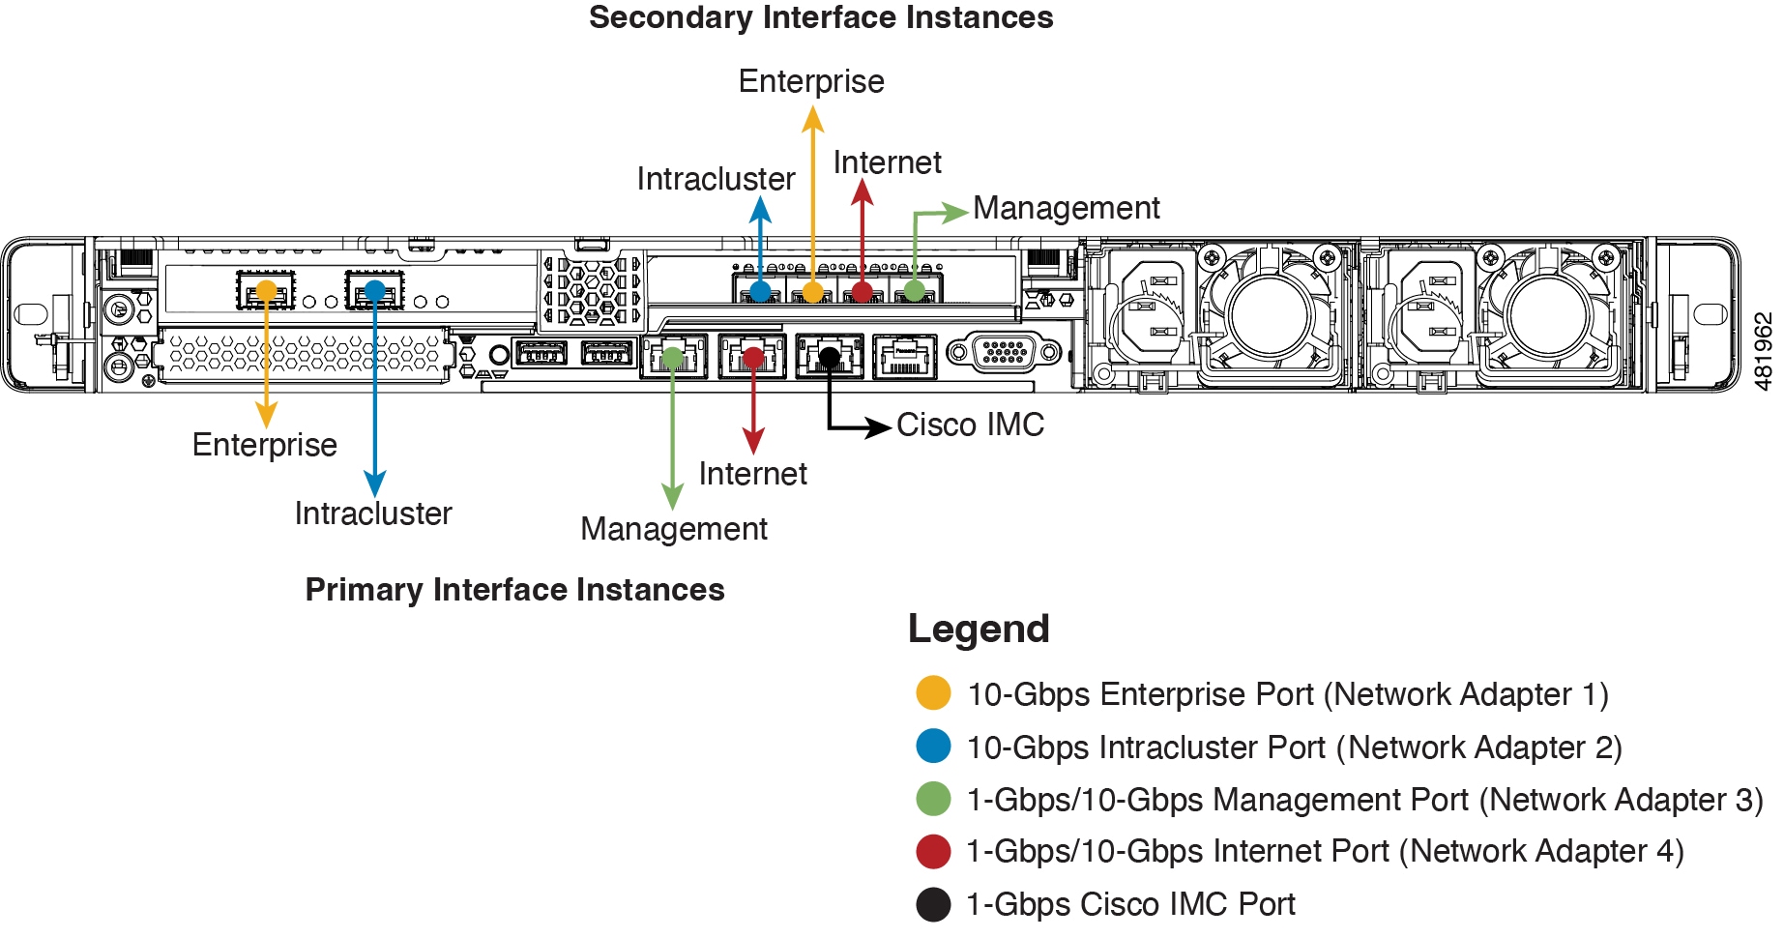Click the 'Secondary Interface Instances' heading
(x=821, y=18)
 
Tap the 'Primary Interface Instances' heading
(x=514, y=590)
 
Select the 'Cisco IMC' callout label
(x=970, y=425)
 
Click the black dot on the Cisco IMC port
(x=829, y=358)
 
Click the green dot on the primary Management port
(x=673, y=359)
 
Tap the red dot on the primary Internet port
(x=752, y=359)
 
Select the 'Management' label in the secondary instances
(x=1066, y=209)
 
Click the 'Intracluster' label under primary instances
(x=373, y=513)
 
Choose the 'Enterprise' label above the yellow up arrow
(x=811, y=82)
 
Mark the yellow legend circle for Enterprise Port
(x=933, y=693)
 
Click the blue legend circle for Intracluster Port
(x=933, y=747)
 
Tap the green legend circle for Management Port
(x=933, y=799)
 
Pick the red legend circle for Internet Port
(x=933, y=851)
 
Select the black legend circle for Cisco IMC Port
(x=933, y=904)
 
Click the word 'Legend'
(x=979, y=630)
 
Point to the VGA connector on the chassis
(x=1004, y=352)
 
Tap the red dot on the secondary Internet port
(x=862, y=291)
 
